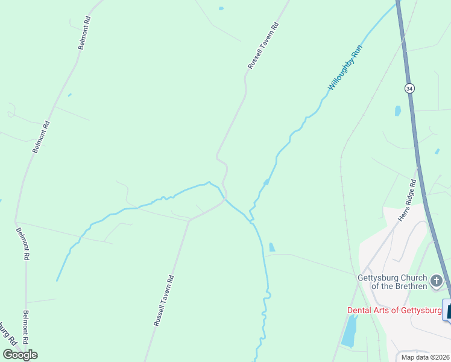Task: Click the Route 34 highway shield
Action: click(x=410, y=88)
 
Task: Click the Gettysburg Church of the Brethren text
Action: click(x=393, y=282)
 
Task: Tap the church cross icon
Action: click(x=437, y=281)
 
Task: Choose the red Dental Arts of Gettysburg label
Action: click(x=394, y=310)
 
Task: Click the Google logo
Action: click(x=20, y=354)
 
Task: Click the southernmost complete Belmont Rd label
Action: click(x=27, y=326)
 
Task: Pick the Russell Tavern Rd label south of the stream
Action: click(x=164, y=300)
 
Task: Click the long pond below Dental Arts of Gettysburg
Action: click(x=349, y=331)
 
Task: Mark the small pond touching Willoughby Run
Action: click(x=266, y=182)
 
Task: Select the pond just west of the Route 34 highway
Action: click(x=397, y=110)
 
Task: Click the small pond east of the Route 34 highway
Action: click(x=437, y=151)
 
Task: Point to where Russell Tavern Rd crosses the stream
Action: click(x=225, y=198)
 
